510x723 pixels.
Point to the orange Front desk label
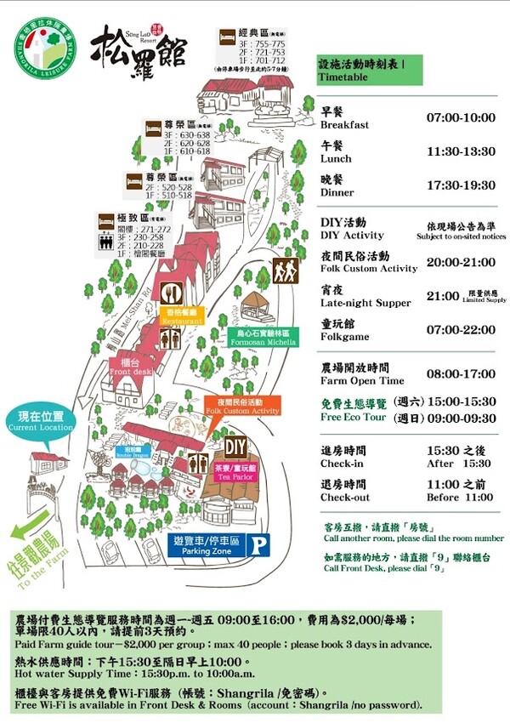click(x=130, y=367)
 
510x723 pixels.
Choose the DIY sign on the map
click(x=235, y=445)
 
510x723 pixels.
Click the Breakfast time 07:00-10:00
click(x=461, y=117)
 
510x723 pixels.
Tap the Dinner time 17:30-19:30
click(x=461, y=185)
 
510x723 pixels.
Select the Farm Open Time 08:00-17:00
click(x=460, y=373)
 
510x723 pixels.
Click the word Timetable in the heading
click(x=343, y=77)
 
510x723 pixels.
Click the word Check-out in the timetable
click(x=345, y=498)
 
